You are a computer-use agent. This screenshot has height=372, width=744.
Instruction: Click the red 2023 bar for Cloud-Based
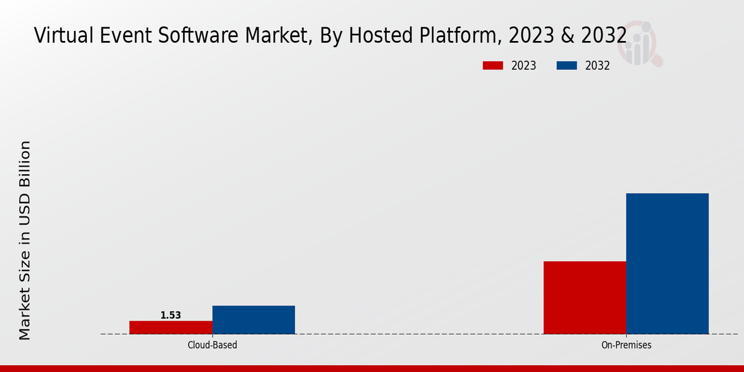170,327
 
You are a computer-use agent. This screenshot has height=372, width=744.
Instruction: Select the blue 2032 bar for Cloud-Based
254,320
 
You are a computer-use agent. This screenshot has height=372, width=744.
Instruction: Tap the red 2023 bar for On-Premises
585,298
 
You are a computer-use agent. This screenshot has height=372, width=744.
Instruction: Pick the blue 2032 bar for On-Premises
667,263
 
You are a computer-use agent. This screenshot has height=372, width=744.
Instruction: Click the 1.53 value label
170,316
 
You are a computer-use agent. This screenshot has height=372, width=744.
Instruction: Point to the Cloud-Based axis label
212,345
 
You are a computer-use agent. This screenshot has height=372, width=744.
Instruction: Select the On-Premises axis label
626,345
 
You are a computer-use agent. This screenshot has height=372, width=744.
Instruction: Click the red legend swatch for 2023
493,66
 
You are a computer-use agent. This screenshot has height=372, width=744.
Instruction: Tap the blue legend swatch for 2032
567,66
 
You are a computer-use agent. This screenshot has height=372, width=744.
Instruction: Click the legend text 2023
524,66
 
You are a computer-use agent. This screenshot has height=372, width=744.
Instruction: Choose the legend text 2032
598,66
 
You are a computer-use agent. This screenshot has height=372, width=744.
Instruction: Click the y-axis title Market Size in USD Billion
24,241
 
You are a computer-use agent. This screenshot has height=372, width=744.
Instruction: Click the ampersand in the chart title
567,36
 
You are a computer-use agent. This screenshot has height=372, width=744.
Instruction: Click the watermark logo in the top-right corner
642,43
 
